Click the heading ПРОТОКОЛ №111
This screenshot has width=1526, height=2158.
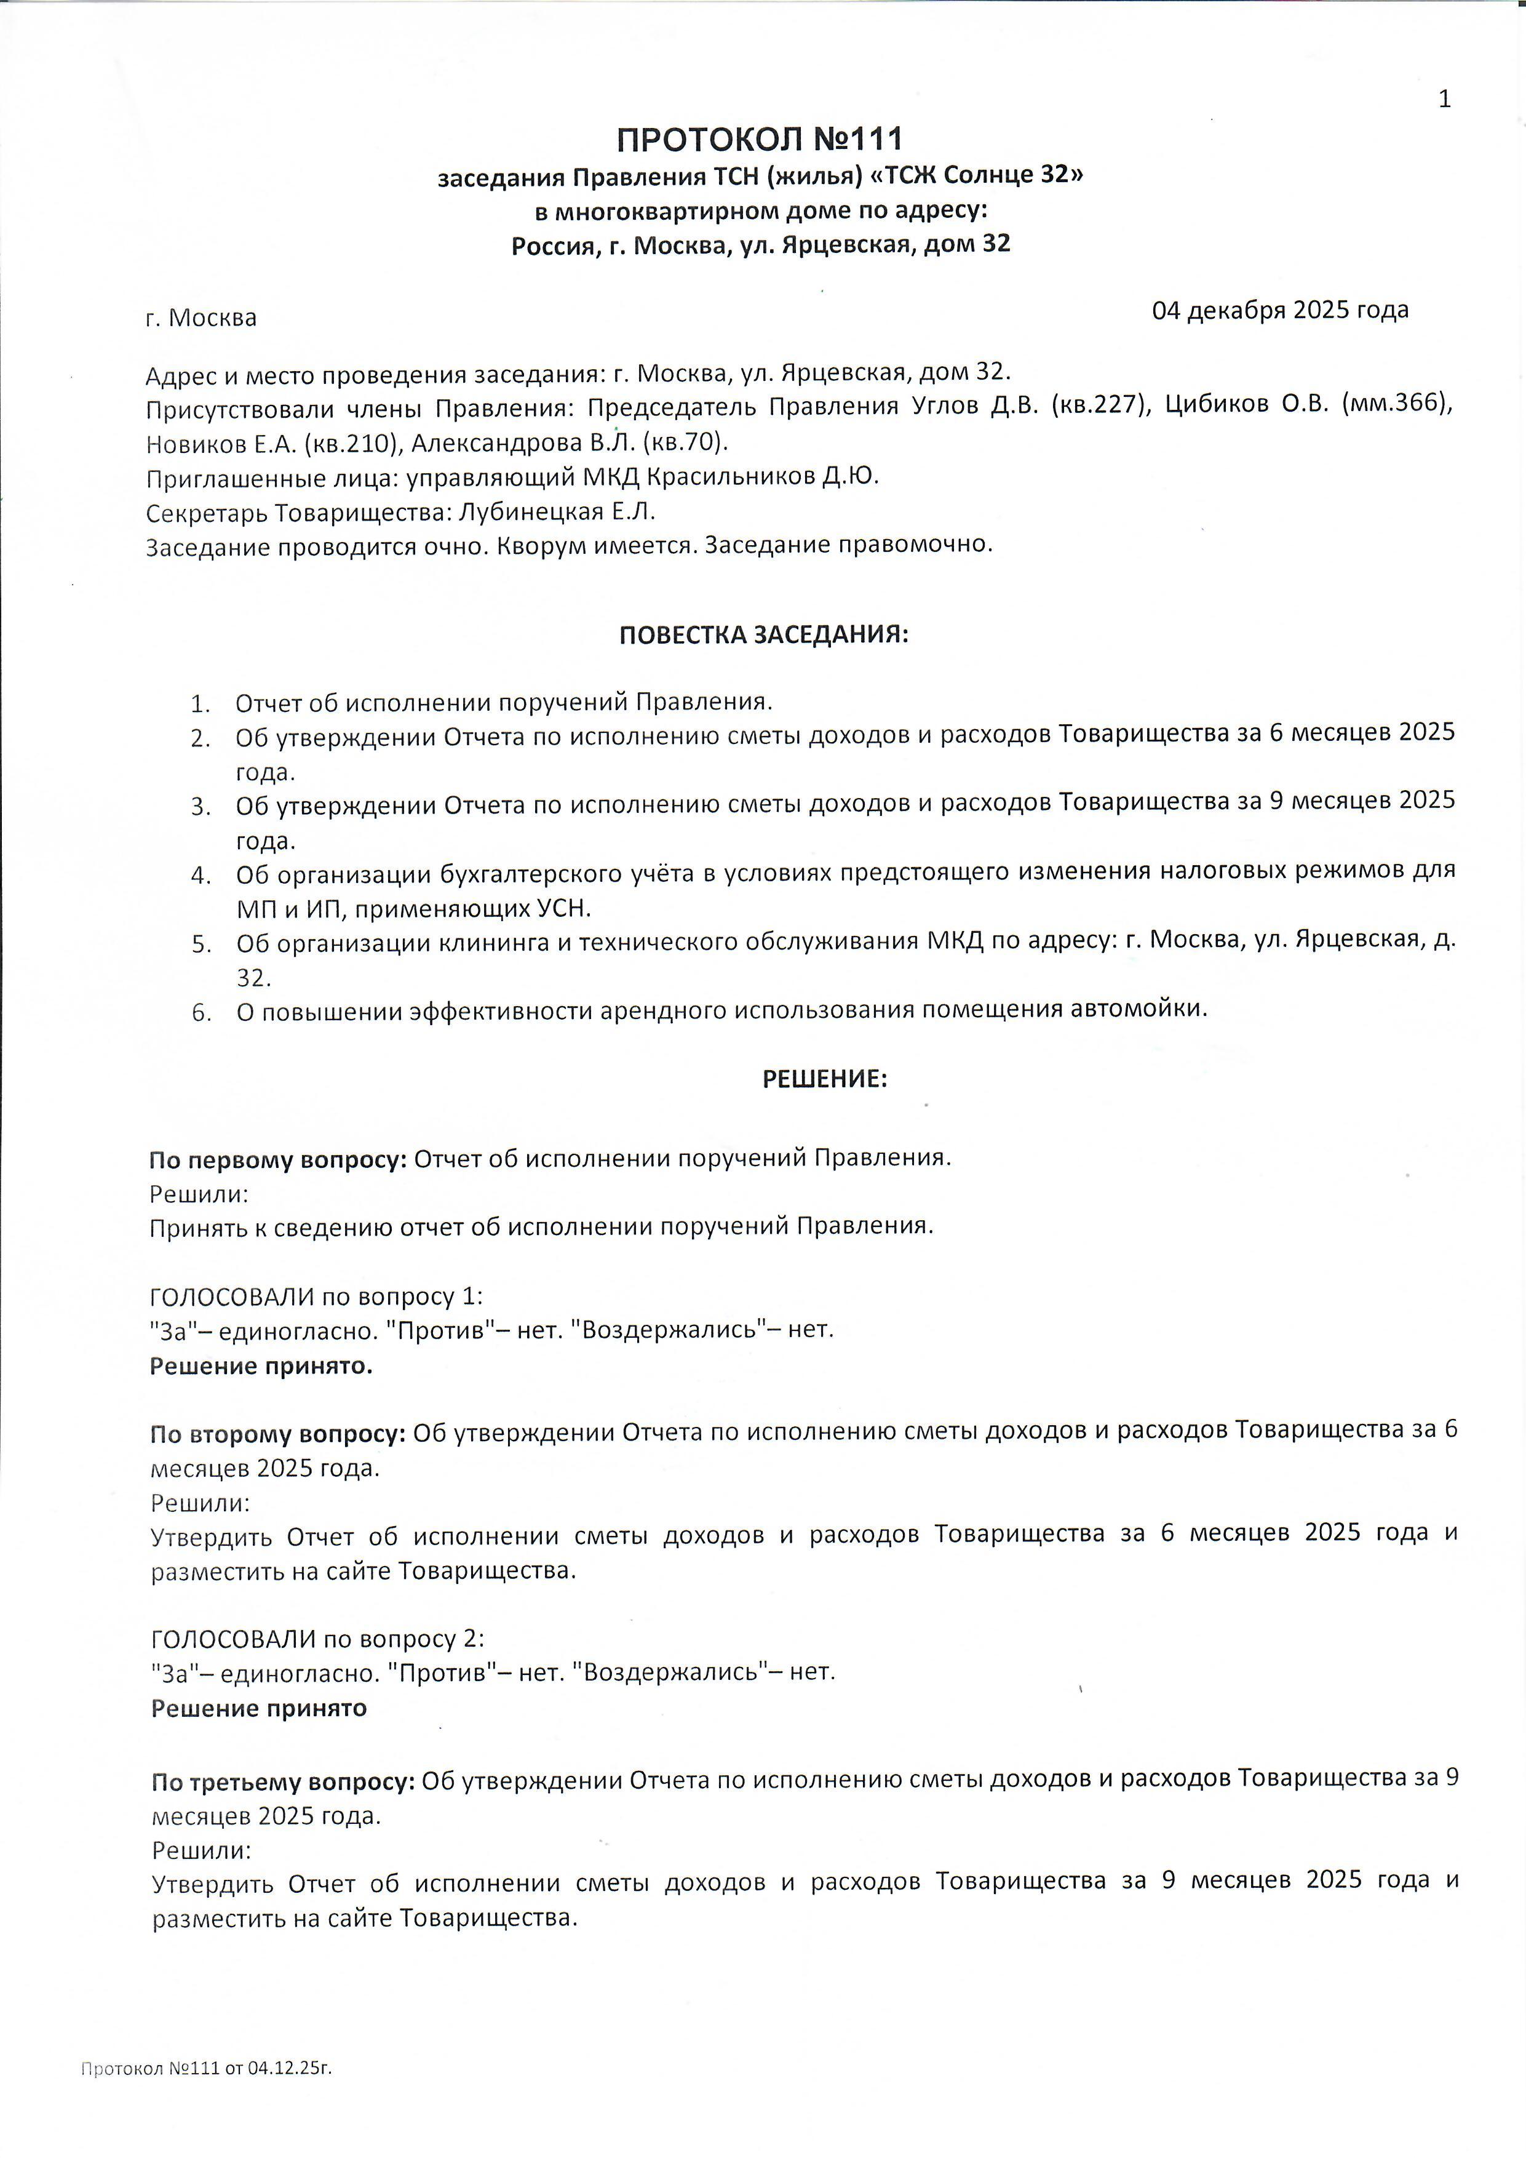click(x=759, y=140)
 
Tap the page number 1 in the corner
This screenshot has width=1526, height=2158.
click(x=1444, y=100)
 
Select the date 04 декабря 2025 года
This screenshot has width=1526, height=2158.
click(x=1280, y=310)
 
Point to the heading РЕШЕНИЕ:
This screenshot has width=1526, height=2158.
click(x=824, y=1079)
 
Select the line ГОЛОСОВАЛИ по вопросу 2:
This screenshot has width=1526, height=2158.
click(x=317, y=1638)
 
